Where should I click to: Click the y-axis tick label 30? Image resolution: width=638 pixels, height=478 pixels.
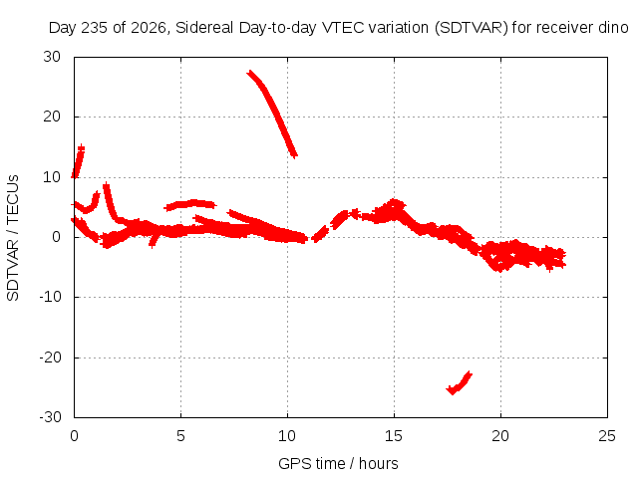(x=52, y=57)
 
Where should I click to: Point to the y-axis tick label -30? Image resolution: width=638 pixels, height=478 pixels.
(x=50, y=417)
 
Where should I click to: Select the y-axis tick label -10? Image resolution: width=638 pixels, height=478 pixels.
(x=50, y=297)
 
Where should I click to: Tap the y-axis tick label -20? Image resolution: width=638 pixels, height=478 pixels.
(x=50, y=358)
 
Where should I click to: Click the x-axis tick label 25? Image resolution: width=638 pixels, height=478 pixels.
(x=607, y=436)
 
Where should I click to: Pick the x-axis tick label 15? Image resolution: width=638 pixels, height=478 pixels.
(x=394, y=436)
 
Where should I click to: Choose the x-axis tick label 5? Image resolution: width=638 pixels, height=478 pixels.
(x=180, y=436)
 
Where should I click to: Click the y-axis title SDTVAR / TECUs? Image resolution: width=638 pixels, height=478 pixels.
(x=13, y=238)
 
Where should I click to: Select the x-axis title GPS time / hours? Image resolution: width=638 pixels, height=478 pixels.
(x=338, y=463)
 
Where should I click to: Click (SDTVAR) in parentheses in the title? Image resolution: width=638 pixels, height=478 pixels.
(x=472, y=28)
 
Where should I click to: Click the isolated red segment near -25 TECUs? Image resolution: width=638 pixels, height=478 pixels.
(x=459, y=383)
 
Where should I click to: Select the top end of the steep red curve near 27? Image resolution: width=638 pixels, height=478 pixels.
(x=249, y=73)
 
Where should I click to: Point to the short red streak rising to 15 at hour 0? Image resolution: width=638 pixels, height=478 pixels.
(x=78, y=161)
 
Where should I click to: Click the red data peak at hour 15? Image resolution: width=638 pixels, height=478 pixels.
(x=394, y=202)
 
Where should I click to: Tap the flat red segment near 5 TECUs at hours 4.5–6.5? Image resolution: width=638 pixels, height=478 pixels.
(x=190, y=205)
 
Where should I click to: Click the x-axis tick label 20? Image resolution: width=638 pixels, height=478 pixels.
(x=500, y=436)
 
